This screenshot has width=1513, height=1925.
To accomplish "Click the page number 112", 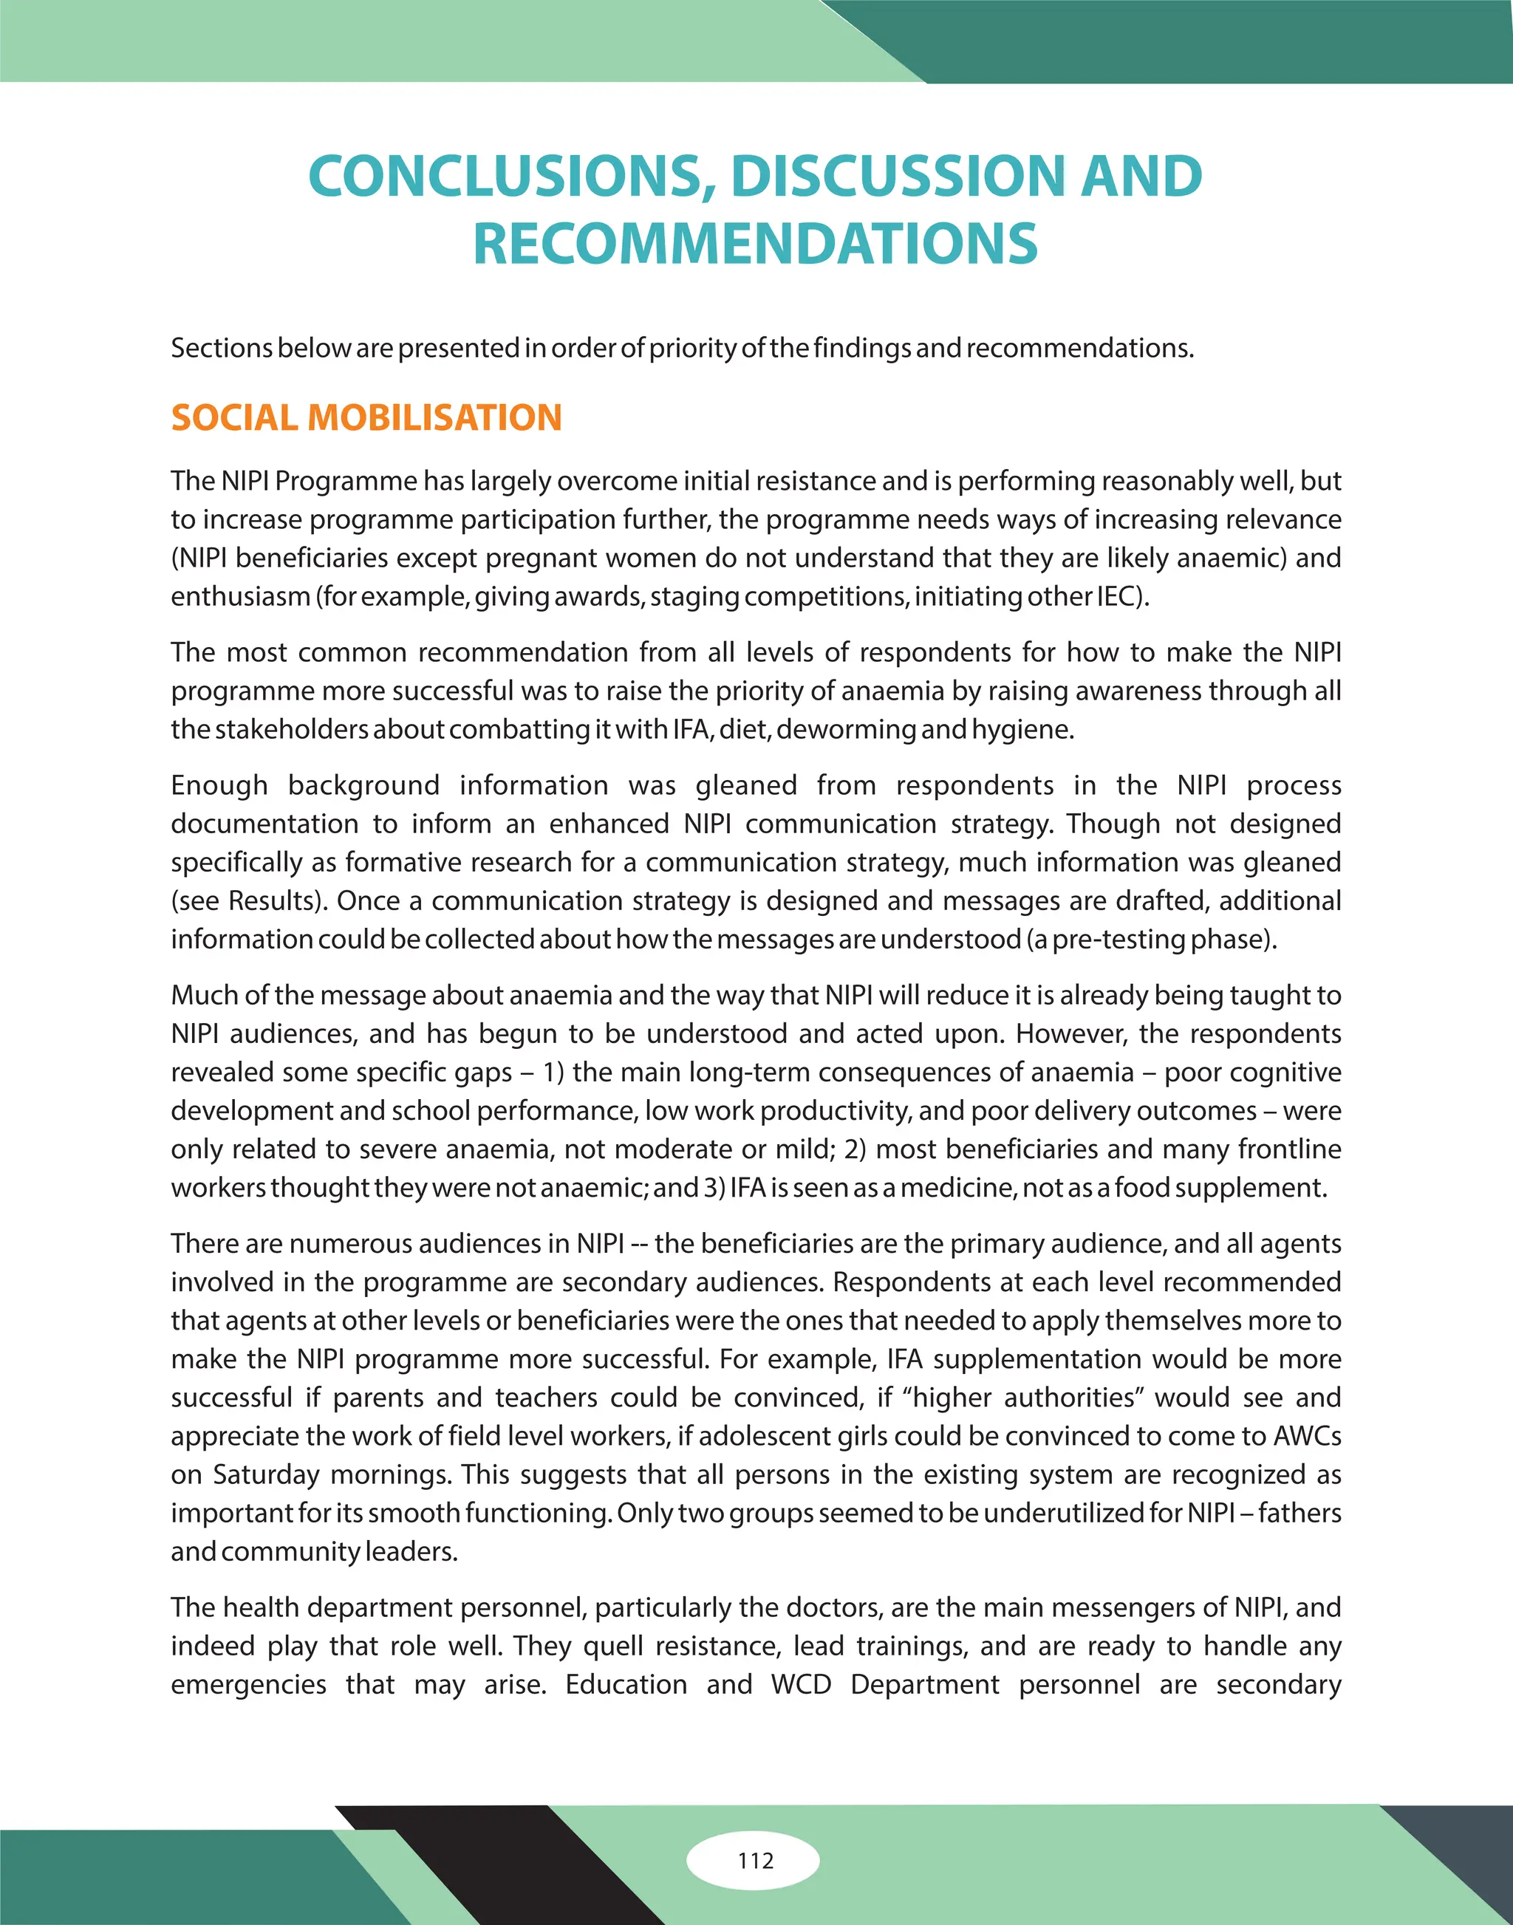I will point(755,1860).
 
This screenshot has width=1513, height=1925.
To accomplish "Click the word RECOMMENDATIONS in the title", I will point(755,244).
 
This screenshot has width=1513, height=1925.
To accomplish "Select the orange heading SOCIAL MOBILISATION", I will point(366,418).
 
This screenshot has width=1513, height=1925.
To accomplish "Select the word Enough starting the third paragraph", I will point(219,785).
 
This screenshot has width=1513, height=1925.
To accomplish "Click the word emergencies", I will point(248,1684).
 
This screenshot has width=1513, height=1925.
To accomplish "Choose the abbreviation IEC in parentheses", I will point(1114,596).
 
